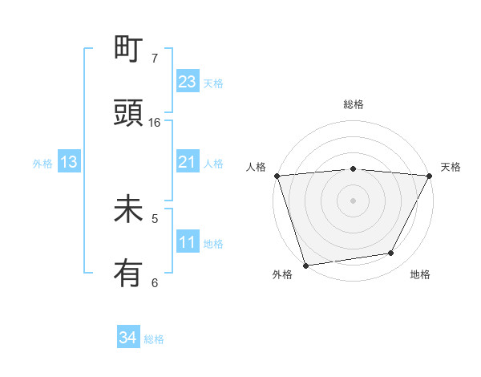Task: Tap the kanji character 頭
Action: click(x=128, y=113)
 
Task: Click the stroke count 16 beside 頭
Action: click(x=155, y=122)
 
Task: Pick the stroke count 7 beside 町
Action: click(x=155, y=58)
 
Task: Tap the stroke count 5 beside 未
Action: click(x=155, y=217)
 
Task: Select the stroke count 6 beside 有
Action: click(x=155, y=282)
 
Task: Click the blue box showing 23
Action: click(x=188, y=82)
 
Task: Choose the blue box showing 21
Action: click(x=188, y=162)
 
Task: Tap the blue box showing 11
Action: click(x=188, y=242)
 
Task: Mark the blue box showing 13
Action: click(x=69, y=162)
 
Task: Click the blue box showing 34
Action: click(x=128, y=338)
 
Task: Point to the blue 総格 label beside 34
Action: click(x=155, y=339)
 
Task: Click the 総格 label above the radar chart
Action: click(x=354, y=104)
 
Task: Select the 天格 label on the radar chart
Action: click(x=451, y=167)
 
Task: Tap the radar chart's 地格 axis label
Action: click(x=420, y=275)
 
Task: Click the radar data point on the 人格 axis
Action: click(x=277, y=176)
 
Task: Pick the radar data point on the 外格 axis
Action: click(x=305, y=265)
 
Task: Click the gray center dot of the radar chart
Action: click(x=353, y=200)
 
